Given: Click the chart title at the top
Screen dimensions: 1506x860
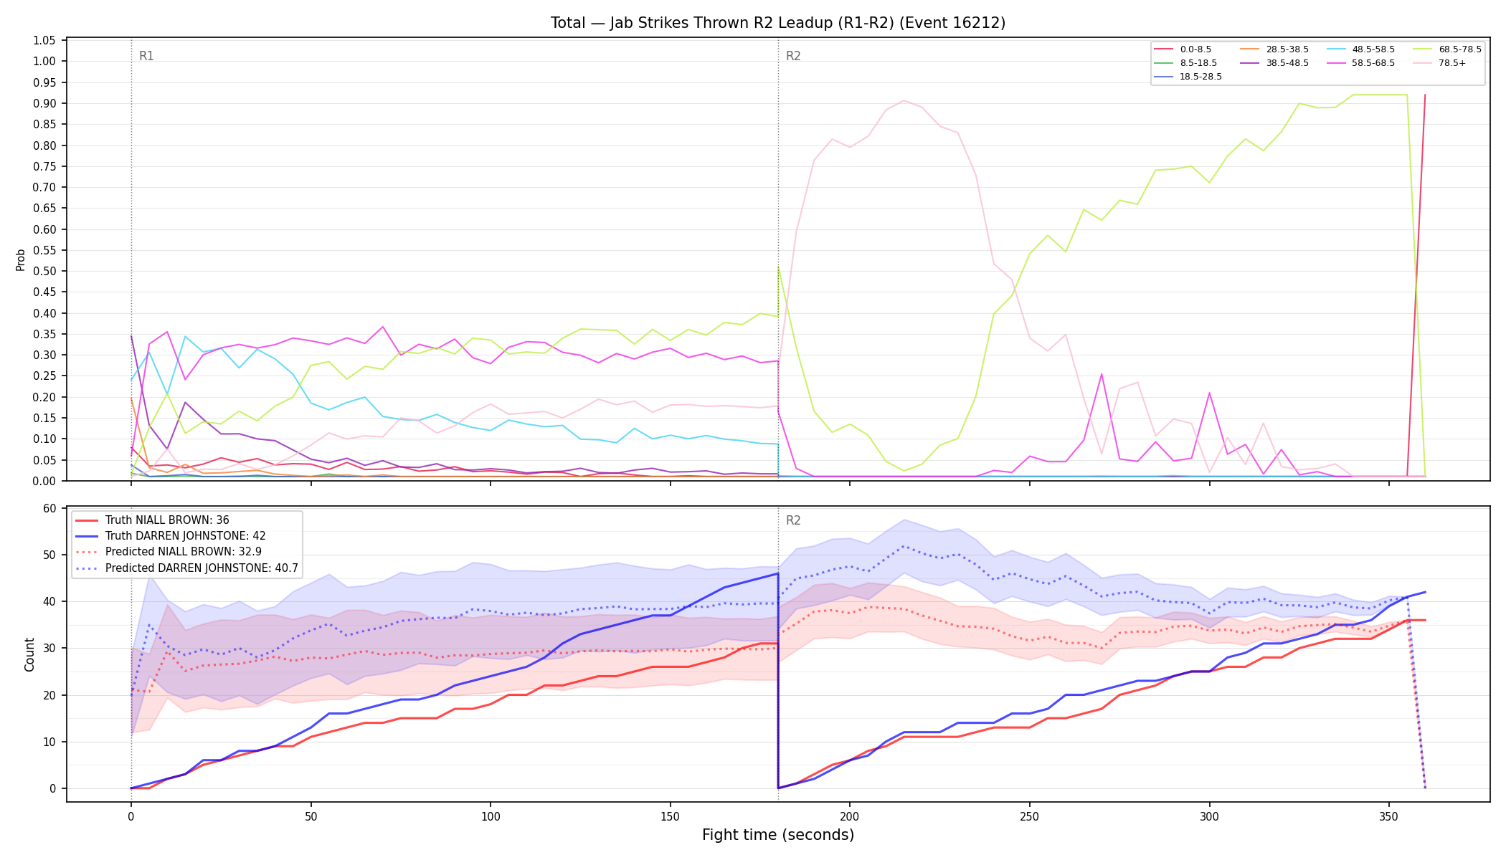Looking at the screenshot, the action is click(x=778, y=23).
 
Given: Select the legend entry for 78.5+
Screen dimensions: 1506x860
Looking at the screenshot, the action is click(x=1439, y=63).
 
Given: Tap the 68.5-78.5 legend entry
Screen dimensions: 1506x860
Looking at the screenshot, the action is click(x=1447, y=49).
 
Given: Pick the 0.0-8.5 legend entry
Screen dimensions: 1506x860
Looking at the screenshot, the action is click(x=1183, y=49).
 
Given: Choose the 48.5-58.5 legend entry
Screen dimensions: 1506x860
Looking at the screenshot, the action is click(x=1361, y=49).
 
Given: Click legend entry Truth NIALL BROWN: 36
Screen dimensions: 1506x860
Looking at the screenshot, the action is click(x=152, y=520).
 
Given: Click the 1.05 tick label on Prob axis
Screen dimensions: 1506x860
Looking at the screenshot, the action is click(x=44, y=40).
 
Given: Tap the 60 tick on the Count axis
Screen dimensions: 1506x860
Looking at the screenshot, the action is click(x=49, y=508).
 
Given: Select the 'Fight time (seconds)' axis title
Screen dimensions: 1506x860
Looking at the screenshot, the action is click(x=778, y=835).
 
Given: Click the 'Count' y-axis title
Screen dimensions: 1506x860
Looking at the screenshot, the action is click(x=29, y=654).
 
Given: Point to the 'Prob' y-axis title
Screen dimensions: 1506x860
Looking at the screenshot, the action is click(x=21, y=259).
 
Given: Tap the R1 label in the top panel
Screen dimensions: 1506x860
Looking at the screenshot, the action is click(x=146, y=56).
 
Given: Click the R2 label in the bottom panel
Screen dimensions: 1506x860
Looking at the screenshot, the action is click(x=793, y=520).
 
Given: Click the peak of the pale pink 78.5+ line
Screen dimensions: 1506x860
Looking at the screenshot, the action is click(x=904, y=100).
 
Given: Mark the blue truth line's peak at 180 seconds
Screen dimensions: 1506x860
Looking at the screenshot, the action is click(x=778, y=573).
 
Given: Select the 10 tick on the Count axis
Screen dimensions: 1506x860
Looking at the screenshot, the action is click(x=49, y=742).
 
